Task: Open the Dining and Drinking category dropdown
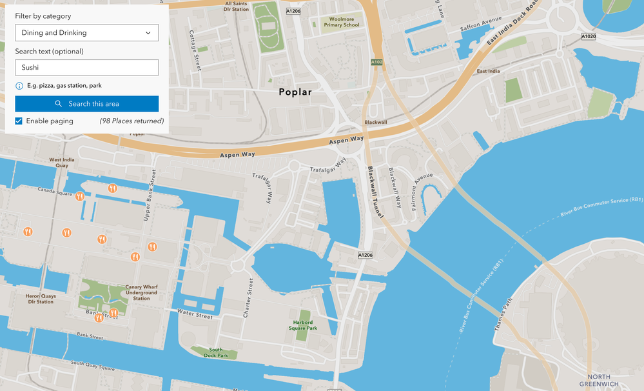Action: (x=86, y=33)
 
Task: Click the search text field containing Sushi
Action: (x=86, y=67)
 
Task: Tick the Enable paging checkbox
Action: (x=19, y=121)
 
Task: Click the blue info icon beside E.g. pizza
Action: (x=19, y=86)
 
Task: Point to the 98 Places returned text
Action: (x=132, y=121)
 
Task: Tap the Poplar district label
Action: (x=295, y=92)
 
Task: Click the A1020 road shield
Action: (x=588, y=37)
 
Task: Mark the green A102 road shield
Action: (x=377, y=62)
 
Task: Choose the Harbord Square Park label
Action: (x=303, y=325)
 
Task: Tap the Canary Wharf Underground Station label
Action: (x=141, y=292)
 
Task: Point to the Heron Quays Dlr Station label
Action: (x=41, y=299)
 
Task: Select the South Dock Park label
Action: (x=215, y=353)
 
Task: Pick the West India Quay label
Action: (x=62, y=163)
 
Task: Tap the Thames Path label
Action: (x=503, y=314)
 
